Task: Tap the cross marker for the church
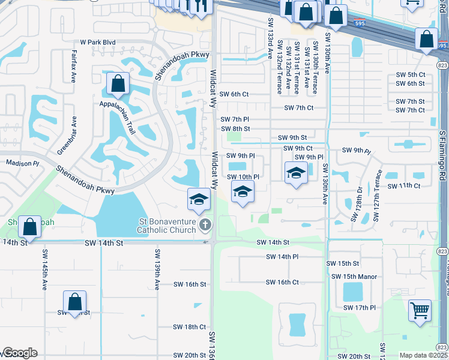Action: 205,226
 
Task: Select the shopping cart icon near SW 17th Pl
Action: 420,310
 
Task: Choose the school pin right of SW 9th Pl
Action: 295,174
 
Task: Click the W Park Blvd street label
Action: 97,43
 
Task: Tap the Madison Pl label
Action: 22,163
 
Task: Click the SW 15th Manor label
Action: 354,277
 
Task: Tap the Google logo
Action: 19,353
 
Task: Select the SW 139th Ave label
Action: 157,264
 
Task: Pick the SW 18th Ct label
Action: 189,327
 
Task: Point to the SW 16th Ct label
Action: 282,283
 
